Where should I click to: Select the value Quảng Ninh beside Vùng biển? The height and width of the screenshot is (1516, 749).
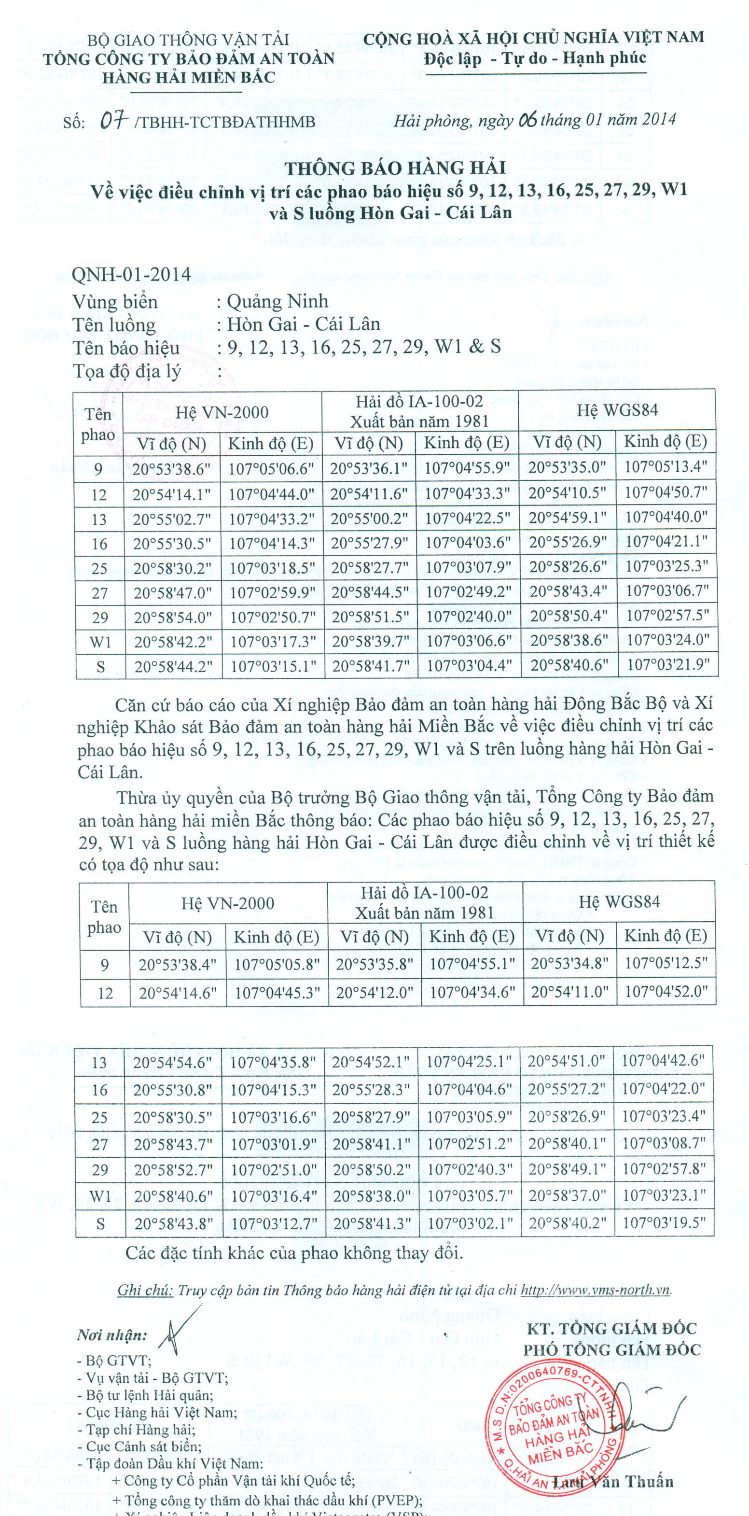pyautogui.click(x=277, y=301)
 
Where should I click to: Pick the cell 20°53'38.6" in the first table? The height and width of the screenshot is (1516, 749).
pyautogui.click(x=172, y=469)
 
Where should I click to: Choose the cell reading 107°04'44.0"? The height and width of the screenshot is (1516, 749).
pyautogui.click(x=271, y=494)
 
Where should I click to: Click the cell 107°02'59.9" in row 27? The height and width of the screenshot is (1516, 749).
pyautogui.click(x=271, y=592)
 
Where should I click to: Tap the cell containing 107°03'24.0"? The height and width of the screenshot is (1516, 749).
pyautogui.click(x=666, y=640)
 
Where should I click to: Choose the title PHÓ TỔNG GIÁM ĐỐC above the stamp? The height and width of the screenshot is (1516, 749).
pyautogui.click(x=612, y=1349)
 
